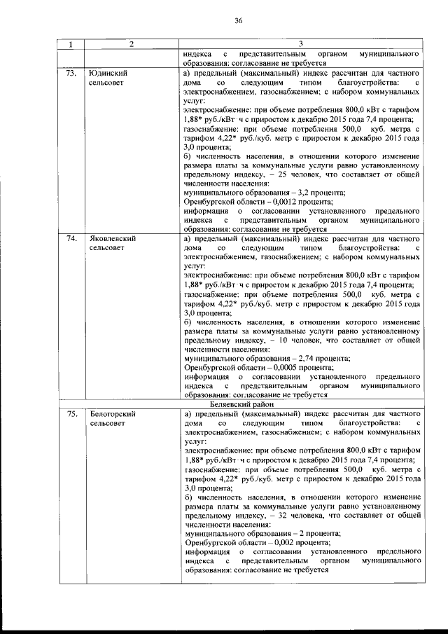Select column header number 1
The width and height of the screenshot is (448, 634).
click(x=71, y=45)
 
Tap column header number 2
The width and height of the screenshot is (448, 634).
click(x=131, y=45)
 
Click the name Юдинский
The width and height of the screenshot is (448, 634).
click(x=107, y=73)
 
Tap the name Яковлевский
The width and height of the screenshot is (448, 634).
click(x=113, y=239)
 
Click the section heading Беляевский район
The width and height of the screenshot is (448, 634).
click(x=243, y=404)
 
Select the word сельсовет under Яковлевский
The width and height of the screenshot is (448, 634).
click(x=108, y=249)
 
